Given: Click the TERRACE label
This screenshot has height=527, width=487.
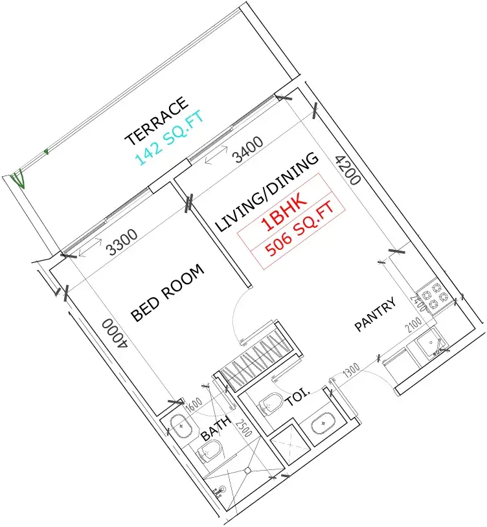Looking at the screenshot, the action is coord(157,121).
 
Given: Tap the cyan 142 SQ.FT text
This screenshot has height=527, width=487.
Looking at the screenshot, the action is coord(170,138).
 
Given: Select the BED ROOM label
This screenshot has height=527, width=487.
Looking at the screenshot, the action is coord(167,293).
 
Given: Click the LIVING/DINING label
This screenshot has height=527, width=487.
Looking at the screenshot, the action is coord(267,192).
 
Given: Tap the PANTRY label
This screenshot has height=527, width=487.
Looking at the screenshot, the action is coord(376,315).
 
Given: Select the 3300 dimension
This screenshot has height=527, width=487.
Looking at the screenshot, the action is coord(122,242).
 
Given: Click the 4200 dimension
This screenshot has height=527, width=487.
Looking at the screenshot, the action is coord(348,170).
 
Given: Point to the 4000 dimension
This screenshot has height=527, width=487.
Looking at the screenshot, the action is coord(115,333).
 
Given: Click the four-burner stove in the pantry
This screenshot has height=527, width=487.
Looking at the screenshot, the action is coord(432,296).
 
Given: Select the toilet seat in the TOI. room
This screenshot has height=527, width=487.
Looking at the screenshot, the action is coord(271,403).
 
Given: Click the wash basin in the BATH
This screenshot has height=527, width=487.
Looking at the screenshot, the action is coord(181,426).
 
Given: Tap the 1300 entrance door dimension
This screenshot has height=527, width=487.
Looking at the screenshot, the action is coord(351,370).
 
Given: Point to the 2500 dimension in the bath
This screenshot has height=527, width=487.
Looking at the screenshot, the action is coord(243,428).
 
